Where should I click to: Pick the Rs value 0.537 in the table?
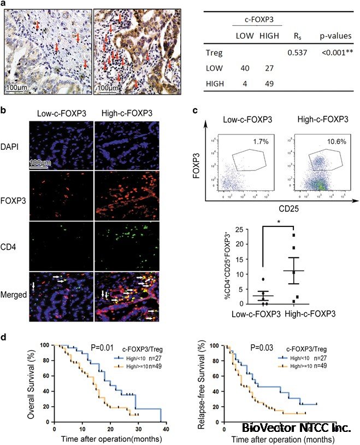pos(295,53)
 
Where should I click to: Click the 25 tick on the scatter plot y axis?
pos(239,229)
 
